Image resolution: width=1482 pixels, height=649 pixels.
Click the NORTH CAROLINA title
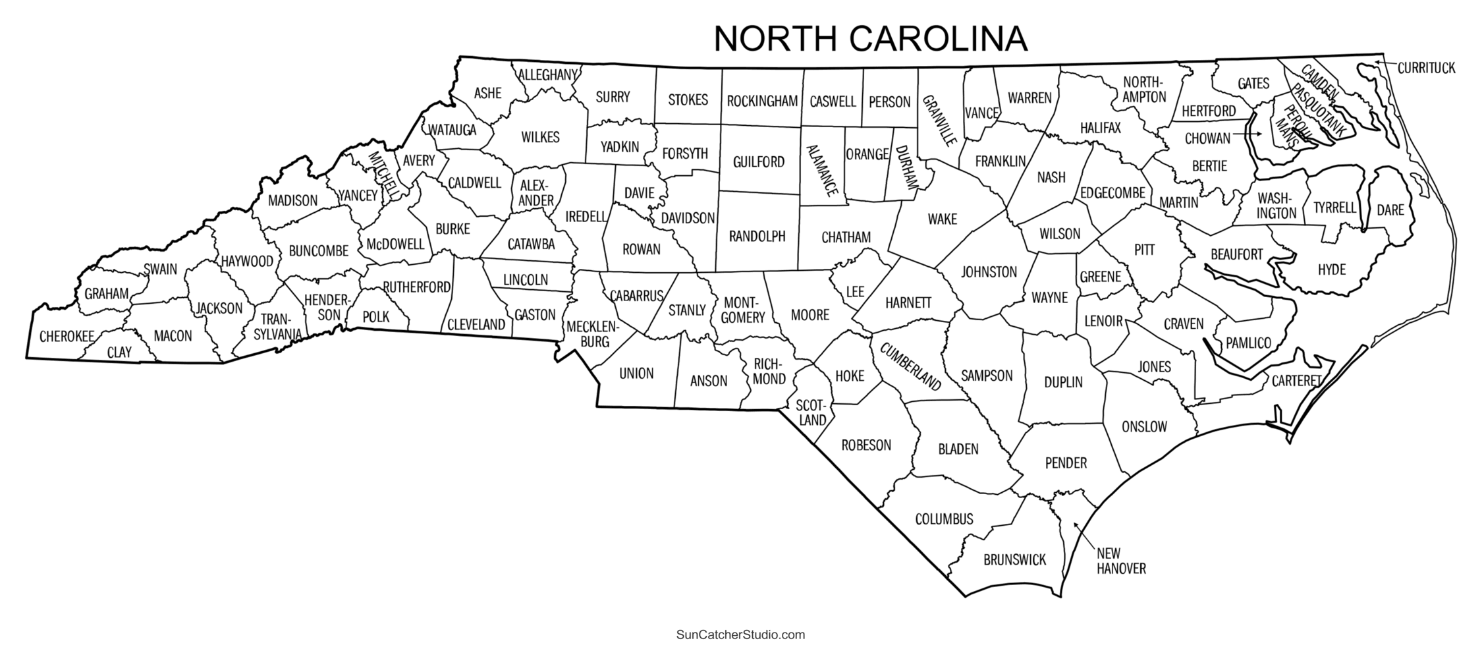pos(870,39)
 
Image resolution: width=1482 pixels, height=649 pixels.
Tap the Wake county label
pos(942,219)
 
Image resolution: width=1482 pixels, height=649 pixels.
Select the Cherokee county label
pos(67,337)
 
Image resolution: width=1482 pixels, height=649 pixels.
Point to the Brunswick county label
pos(1014,560)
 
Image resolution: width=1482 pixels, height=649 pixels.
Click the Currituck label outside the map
pos(1426,68)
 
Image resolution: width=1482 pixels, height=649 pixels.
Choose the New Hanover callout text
pos(1121,561)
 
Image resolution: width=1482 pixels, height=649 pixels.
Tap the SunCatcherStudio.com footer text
pos(740,635)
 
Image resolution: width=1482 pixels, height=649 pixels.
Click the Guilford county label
pos(758,162)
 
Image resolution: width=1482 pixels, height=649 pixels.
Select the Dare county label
pos(1390,211)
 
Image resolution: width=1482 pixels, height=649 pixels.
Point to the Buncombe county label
pos(318,251)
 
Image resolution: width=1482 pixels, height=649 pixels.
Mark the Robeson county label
pos(866,445)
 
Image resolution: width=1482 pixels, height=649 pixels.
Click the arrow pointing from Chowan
pos(1248,135)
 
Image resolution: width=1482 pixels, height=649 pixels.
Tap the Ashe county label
pos(487,94)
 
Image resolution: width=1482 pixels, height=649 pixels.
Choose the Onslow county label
pos(1144,427)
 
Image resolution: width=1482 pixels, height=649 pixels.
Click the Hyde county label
pos(1331,269)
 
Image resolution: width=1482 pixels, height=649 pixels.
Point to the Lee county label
pos(854,291)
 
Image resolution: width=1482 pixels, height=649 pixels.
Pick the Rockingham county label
pos(762,101)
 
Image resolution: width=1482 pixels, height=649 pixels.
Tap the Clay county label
pos(119,353)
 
